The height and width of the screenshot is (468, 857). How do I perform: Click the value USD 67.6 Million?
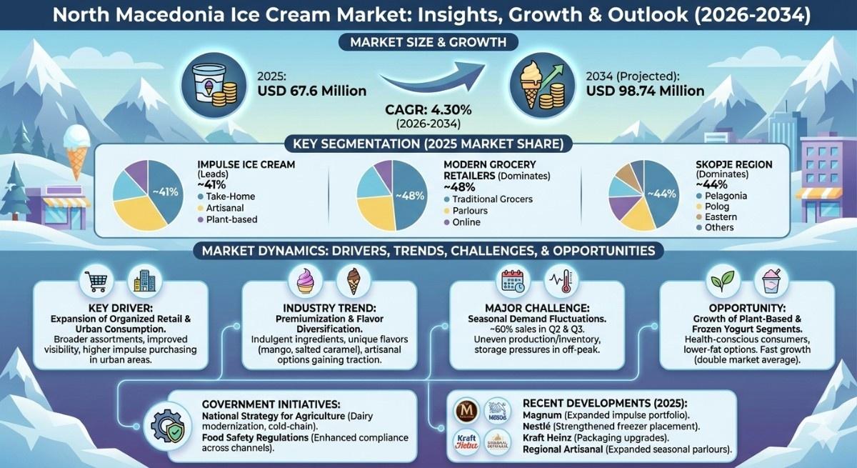coord(312,91)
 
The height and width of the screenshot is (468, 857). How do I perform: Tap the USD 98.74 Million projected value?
coord(645,91)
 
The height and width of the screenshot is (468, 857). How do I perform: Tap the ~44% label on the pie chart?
coord(660,194)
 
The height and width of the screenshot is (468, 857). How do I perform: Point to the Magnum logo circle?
coord(469,411)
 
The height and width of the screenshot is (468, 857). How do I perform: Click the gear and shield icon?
coord(169,427)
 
